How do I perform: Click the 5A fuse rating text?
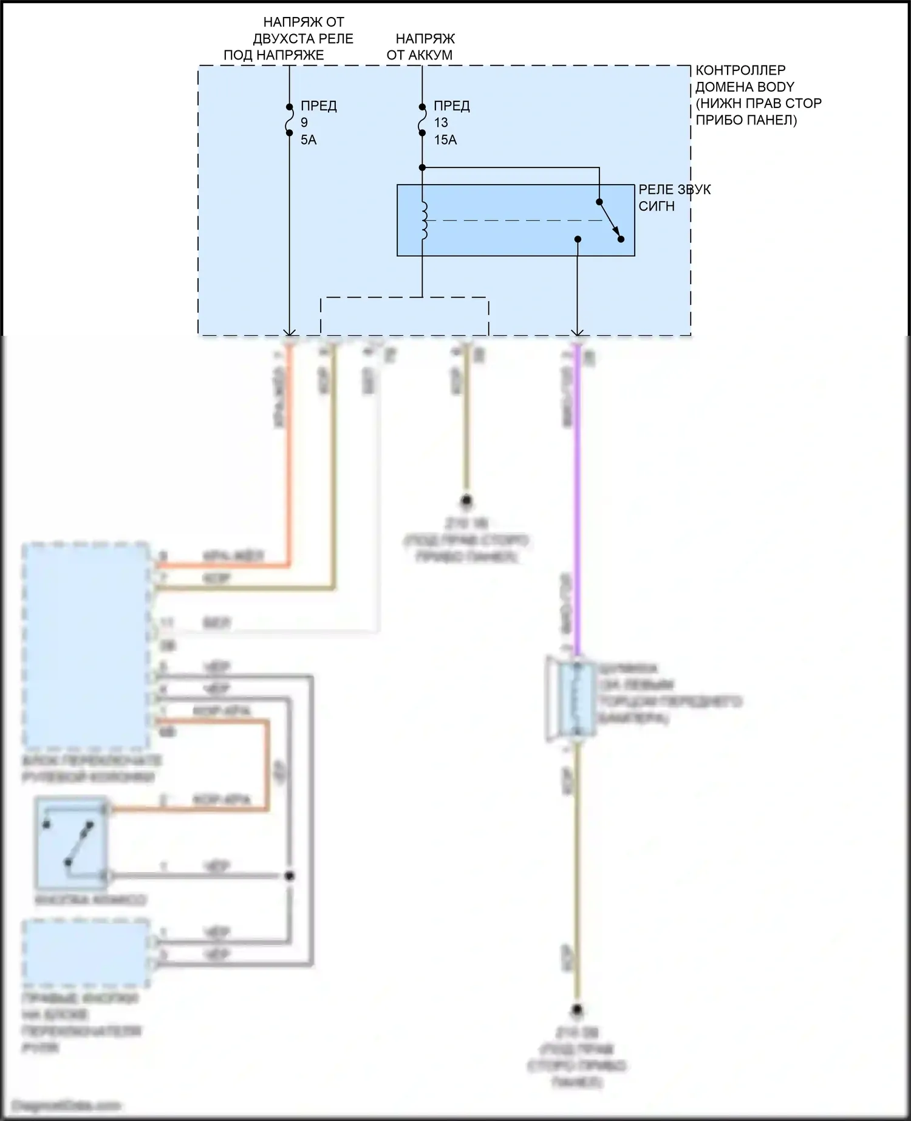pyautogui.click(x=309, y=140)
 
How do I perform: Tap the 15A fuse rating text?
pyautogui.click(x=445, y=140)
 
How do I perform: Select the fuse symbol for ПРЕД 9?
pyautogui.click(x=289, y=120)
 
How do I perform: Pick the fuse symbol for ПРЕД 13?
pyautogui.click(x=422, y=120)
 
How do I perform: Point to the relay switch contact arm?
pyautogui.click(x=609, y=220)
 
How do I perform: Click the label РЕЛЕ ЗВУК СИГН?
pyautogui.click(x=674, y=198)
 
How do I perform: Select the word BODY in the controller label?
pyautogui.click(x=775, y=87)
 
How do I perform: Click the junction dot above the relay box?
pyautogui.click(x=422, y=168)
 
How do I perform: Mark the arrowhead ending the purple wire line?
pyautogui.click(x=578, y=332)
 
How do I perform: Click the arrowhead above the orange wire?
pyautogui.click(x=290, y=332)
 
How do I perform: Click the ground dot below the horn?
pyautogui.click(x=577, y=1010)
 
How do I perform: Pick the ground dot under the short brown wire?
pyautogui.click(x=466, y=502)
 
